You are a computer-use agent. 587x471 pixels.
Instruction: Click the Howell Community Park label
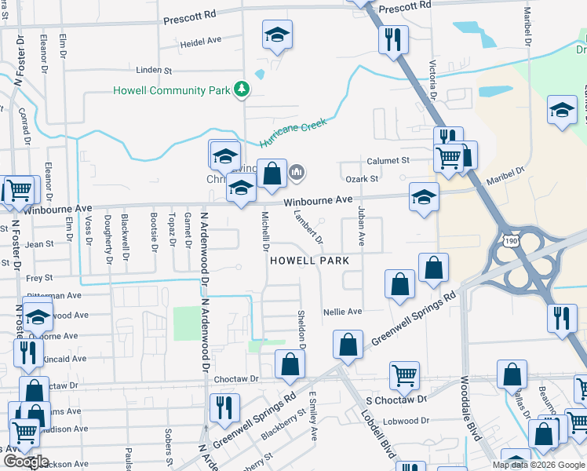(x=172, y=90)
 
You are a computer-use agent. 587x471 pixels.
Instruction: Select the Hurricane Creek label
(x=292, y=132)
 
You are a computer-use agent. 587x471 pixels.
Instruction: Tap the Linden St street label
(x=153, y=71)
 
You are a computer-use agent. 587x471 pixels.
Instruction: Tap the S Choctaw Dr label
(x=396, y=399)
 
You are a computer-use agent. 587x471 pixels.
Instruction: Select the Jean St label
(x=39, y=244)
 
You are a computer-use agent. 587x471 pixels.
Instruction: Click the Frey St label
(x=39, y=278)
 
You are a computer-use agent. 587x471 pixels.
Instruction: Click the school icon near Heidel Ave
(x=276, y=35)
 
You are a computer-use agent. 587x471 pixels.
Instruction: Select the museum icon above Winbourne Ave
(x=297, y=171)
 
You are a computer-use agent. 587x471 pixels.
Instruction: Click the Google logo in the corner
(x=25, y=462)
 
